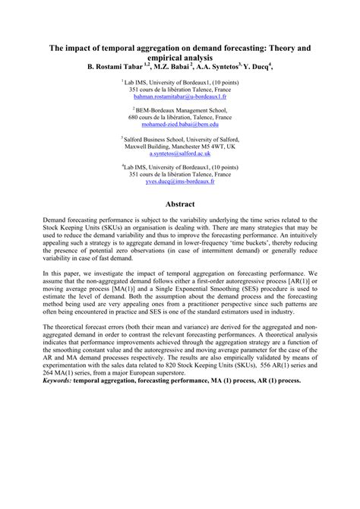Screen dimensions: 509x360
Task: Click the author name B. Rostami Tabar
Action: pos(119,66)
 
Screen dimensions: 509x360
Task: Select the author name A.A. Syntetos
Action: pos(215,66)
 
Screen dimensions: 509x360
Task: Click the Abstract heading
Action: pos(180,205)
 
